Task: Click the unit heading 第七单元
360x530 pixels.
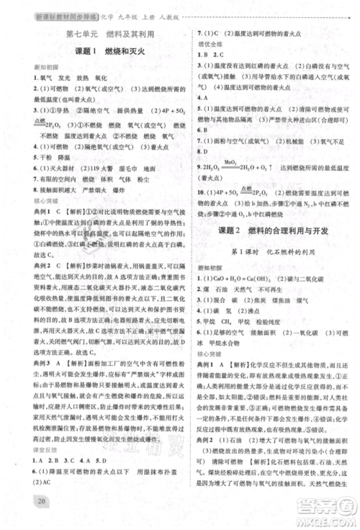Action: pyautogui.click(x=76, y=33)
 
